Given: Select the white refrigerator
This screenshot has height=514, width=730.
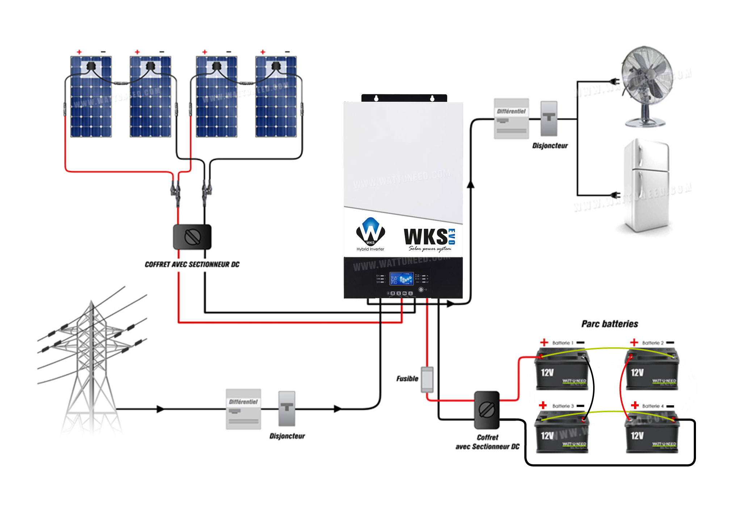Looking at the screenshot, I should coord(647,185).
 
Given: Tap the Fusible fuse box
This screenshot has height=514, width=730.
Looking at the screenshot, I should coord(427,379).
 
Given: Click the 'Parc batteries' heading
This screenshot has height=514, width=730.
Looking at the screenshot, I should coord(609,324).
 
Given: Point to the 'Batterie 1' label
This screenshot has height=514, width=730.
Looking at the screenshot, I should coord(563,343).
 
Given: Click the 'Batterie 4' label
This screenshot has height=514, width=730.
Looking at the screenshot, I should coord(653,406).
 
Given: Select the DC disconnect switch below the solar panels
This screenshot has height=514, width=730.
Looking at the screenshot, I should coord(192,237).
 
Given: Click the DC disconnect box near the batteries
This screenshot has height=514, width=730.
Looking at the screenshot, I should coord(487,410).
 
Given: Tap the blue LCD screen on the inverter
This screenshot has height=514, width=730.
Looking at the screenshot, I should coord(401,279).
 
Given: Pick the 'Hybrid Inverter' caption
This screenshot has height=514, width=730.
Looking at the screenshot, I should coord(370,249).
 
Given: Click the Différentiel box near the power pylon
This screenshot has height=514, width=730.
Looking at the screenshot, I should coord(243,409).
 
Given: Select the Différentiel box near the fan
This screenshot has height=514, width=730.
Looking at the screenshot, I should coord(511,118).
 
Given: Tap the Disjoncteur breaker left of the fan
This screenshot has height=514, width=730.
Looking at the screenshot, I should coord(549,118).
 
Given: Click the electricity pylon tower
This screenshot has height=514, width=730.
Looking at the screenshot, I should coord(91,362).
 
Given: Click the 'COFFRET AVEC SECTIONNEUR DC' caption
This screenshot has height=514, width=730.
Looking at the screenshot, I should coord(192,264).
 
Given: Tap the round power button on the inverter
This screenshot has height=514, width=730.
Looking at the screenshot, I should coord(421,289).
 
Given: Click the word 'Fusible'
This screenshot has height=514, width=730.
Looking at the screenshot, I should coord(407,379).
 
